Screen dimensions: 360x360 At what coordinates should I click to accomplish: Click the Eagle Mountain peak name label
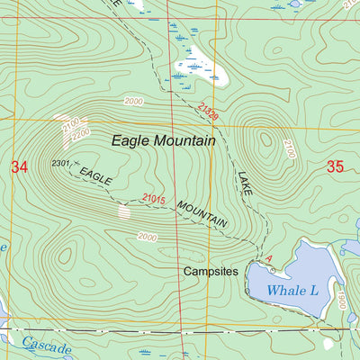pyautogui.click(x=163, y=140)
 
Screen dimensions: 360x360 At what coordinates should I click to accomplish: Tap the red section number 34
pyautogui.click(x=20, y=166)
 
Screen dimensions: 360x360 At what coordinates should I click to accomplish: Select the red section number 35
pyautogui.click(x=336, y=166)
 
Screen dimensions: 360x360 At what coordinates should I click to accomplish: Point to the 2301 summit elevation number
pyautogui.click(x=61, y=163)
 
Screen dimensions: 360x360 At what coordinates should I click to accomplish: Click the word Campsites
pyautogui.click(x=210, y=270)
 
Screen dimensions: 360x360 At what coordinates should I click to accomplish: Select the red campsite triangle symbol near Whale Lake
pyautogui.click(x=268, y=258)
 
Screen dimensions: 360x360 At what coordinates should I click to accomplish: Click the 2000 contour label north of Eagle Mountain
pyautogui.click(x=134, y=102)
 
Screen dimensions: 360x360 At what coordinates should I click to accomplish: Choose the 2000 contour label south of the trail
pyautogui.click(x=147, y=236)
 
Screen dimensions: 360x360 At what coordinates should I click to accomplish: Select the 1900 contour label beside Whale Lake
pyautogui.click(x=342, y=300)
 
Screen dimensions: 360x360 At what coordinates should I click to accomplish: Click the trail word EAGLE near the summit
pyautogui.click(x=95, y=175)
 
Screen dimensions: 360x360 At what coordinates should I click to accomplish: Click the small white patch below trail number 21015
pyautogui.click(x=124, y=212)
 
